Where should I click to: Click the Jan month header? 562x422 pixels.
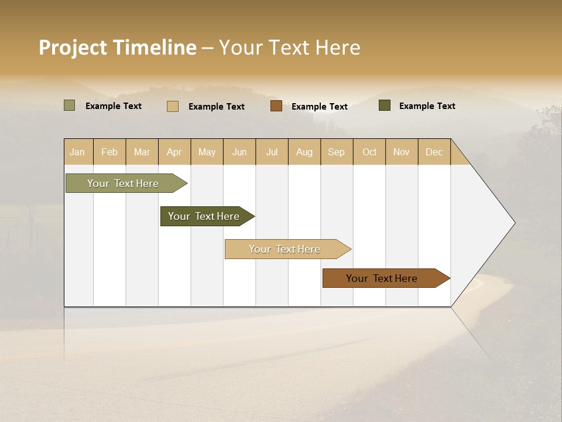click(78, 152)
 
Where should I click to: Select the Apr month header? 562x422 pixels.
click(174, 152)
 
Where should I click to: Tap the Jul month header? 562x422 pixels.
click(272, 152)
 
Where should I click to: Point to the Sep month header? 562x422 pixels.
click(336, 152)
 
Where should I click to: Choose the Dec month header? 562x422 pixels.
click(434, 152)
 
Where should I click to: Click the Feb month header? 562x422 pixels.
click(109, 152)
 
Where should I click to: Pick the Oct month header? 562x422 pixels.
click(369, 152)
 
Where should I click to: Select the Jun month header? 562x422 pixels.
click(239, 152)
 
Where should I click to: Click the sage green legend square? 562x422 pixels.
click(70, 105)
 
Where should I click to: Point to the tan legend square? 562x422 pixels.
click(173, 106)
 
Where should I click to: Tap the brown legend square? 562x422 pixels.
click(276, 106)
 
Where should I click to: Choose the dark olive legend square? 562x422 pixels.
click(385, 105)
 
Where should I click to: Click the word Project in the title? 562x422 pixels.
click(73, 47)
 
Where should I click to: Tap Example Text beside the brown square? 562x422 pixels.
click(319, 107)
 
